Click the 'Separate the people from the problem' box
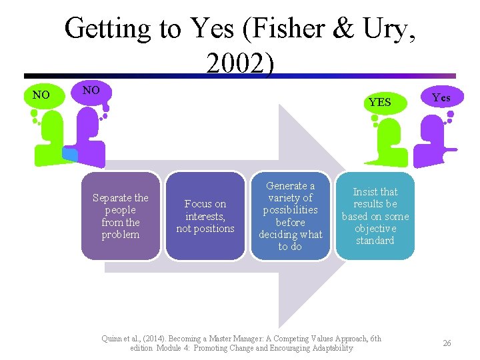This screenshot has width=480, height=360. click(121, 216)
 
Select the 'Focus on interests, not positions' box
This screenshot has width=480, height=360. click(205, 216)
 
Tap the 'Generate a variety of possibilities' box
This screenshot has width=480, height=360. click(290, 216)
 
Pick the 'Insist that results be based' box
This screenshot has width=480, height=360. click(375, 216)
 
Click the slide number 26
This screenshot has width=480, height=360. click(447, 343)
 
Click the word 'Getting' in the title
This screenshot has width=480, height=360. click(107, 29)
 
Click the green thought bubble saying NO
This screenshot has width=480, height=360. click(41, 95)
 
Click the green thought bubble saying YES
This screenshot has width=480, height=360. click(379, 102)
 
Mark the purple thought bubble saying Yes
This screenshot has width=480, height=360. click(441, 97)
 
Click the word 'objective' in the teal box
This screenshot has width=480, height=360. click(375, 229)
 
